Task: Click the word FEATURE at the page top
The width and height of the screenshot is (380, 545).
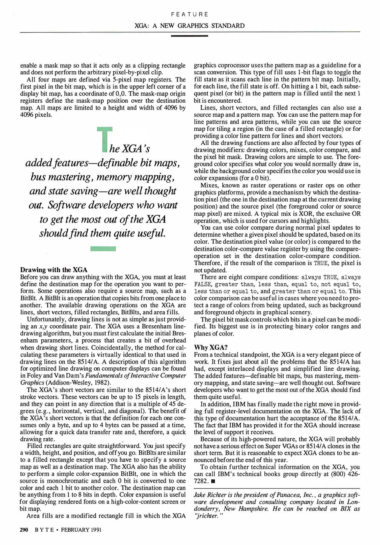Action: [x=189, y=14]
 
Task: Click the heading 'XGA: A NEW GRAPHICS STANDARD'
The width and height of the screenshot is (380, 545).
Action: [x=189, y=26]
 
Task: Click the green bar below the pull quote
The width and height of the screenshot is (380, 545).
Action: [x=103, y=249]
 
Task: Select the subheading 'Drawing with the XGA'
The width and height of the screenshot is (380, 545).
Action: [x=54, y=270]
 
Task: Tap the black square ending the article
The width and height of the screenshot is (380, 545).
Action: [x=213, y=481]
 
